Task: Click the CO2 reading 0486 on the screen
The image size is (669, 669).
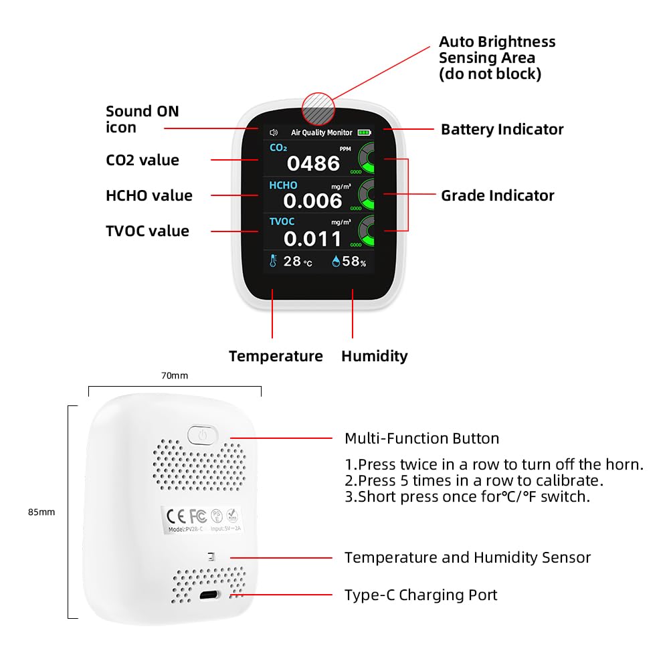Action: [313, 163]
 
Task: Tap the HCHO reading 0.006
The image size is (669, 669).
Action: [312, 200]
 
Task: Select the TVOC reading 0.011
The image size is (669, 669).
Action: [312, 238]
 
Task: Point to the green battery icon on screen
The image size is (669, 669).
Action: [364, 132]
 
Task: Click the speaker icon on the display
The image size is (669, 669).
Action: [273, 132]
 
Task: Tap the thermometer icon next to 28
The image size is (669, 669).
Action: [274, 261]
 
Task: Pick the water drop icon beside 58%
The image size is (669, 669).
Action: [336, 261]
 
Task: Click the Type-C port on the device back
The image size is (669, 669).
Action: [213, 595]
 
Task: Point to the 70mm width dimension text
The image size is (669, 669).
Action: [175, 375]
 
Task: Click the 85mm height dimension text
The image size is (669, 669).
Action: [41, 512]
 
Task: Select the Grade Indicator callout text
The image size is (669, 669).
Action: [497, 195]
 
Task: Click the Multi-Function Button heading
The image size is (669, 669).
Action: [421, 439]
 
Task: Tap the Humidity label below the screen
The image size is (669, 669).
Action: [374, 356]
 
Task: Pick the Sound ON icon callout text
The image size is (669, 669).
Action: [142, 119]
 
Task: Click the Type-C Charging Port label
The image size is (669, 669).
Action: [421, 595]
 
